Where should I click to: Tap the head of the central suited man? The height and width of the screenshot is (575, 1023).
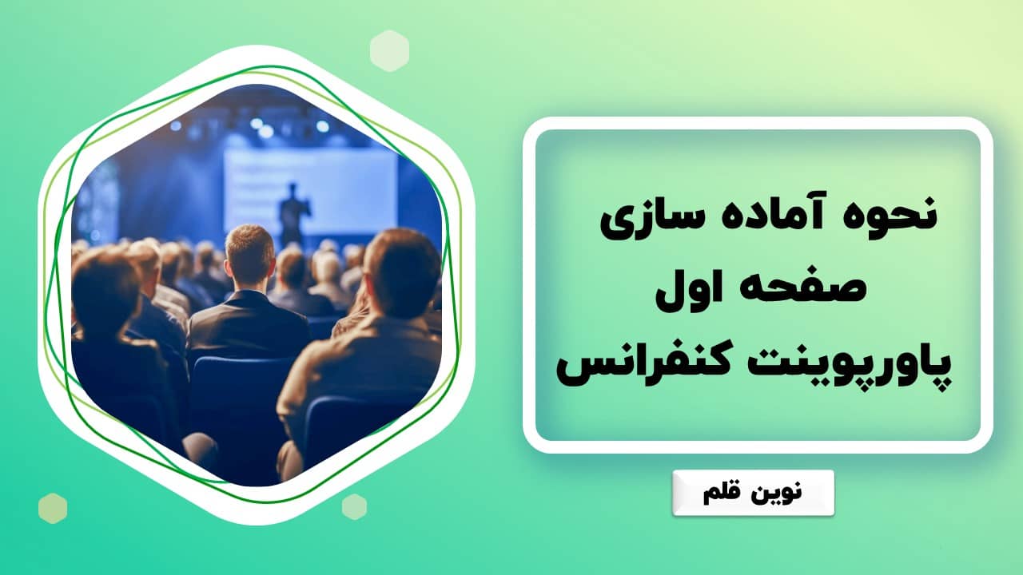249,252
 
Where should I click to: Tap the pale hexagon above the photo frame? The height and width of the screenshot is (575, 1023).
389,50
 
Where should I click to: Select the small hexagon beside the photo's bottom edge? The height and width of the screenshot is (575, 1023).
354,506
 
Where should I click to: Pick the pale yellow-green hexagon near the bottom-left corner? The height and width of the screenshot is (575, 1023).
53,508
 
